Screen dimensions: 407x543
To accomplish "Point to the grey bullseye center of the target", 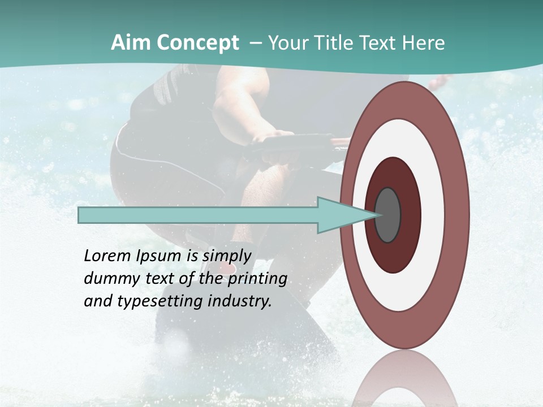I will (388, 215).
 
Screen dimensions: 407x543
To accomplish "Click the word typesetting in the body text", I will (156, 302).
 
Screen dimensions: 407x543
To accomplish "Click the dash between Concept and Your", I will (255, 44).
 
